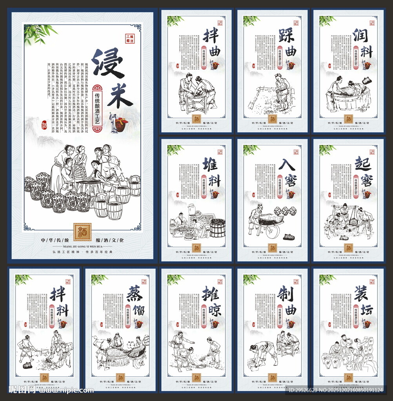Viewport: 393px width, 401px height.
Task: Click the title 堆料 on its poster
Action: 212,172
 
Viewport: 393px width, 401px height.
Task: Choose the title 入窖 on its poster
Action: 288,172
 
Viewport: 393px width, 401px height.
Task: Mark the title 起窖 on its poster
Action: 364,172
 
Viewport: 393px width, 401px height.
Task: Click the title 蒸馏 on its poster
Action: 136,302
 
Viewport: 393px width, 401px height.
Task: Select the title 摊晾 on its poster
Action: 212,302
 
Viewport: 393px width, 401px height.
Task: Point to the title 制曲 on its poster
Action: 288,302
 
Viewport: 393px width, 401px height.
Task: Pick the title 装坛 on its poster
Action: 364,302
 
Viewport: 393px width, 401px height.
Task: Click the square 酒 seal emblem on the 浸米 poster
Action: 82,232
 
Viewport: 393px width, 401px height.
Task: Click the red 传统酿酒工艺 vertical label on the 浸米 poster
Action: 98,108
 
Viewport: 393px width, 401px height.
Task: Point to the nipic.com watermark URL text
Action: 67,390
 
